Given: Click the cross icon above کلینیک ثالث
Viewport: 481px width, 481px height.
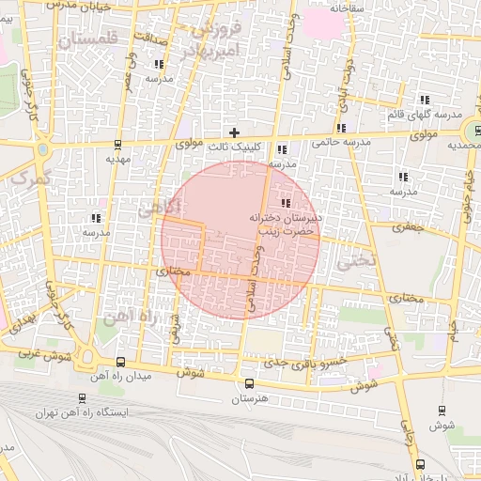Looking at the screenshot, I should (x=234, y=132).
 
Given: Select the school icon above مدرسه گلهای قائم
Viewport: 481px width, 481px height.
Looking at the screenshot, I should (x=425, y=100).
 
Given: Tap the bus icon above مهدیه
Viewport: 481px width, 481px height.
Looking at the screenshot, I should (x=117, y=145).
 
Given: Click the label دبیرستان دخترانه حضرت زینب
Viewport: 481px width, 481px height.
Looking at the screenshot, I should (x=285, y=223).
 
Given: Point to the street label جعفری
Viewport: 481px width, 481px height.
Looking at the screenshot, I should (x=408, y=226).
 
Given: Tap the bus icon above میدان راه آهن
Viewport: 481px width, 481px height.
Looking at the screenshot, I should (x=119, y=362).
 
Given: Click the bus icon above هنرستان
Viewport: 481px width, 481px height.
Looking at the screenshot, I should (x=249, y=383).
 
